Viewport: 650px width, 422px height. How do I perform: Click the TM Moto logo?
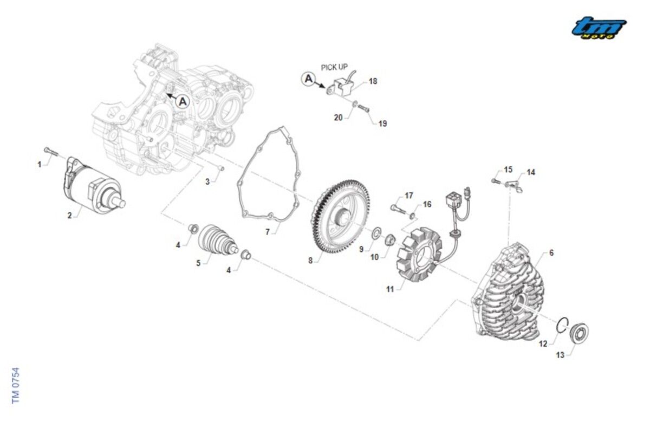(x=599, y=28)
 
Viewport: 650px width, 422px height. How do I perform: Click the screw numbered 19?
(x=364, y=108)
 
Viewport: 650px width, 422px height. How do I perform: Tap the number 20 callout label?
(x=338, y=117)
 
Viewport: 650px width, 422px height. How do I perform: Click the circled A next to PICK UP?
(x=308, y=80)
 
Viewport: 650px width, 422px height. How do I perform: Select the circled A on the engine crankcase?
(x=183, y=101)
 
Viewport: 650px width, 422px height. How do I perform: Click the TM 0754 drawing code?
(x=16, y=385)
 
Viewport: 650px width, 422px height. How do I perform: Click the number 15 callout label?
(x=508, y=170)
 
